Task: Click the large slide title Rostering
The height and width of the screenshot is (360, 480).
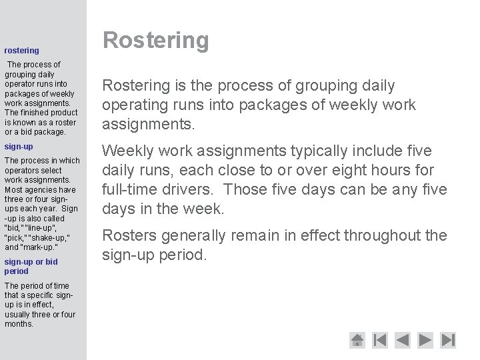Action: tap(155, 41)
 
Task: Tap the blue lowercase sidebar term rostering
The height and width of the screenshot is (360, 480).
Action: tap(21, 50)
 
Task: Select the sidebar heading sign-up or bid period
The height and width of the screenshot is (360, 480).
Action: tap(31, 267)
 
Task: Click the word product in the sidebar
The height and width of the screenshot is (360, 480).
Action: tap(64, 113)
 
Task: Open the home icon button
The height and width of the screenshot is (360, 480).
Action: tap(358, 340)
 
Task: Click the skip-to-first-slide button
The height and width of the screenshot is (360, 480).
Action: tap(379, 340)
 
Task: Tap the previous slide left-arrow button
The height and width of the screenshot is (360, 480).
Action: tap(402, 340)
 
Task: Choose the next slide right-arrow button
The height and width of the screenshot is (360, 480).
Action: tap(425, 340)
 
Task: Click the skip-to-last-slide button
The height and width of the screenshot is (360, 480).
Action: tap(448, 340)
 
